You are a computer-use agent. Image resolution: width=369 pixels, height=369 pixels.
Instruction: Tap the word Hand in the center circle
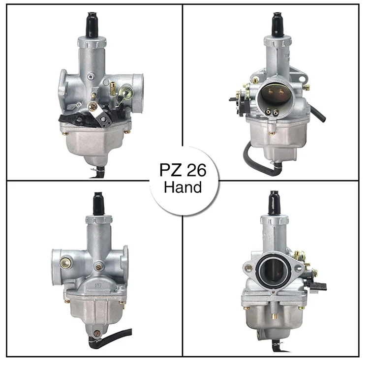(183, 187)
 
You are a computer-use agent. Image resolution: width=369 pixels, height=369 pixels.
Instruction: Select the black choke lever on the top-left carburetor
(74, 118)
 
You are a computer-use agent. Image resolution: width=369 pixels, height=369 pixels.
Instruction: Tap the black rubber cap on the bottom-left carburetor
(98, 203)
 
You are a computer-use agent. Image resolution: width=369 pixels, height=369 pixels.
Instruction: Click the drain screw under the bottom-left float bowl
(97, 333)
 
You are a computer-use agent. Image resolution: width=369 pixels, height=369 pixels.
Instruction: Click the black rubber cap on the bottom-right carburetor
(273, 203)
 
